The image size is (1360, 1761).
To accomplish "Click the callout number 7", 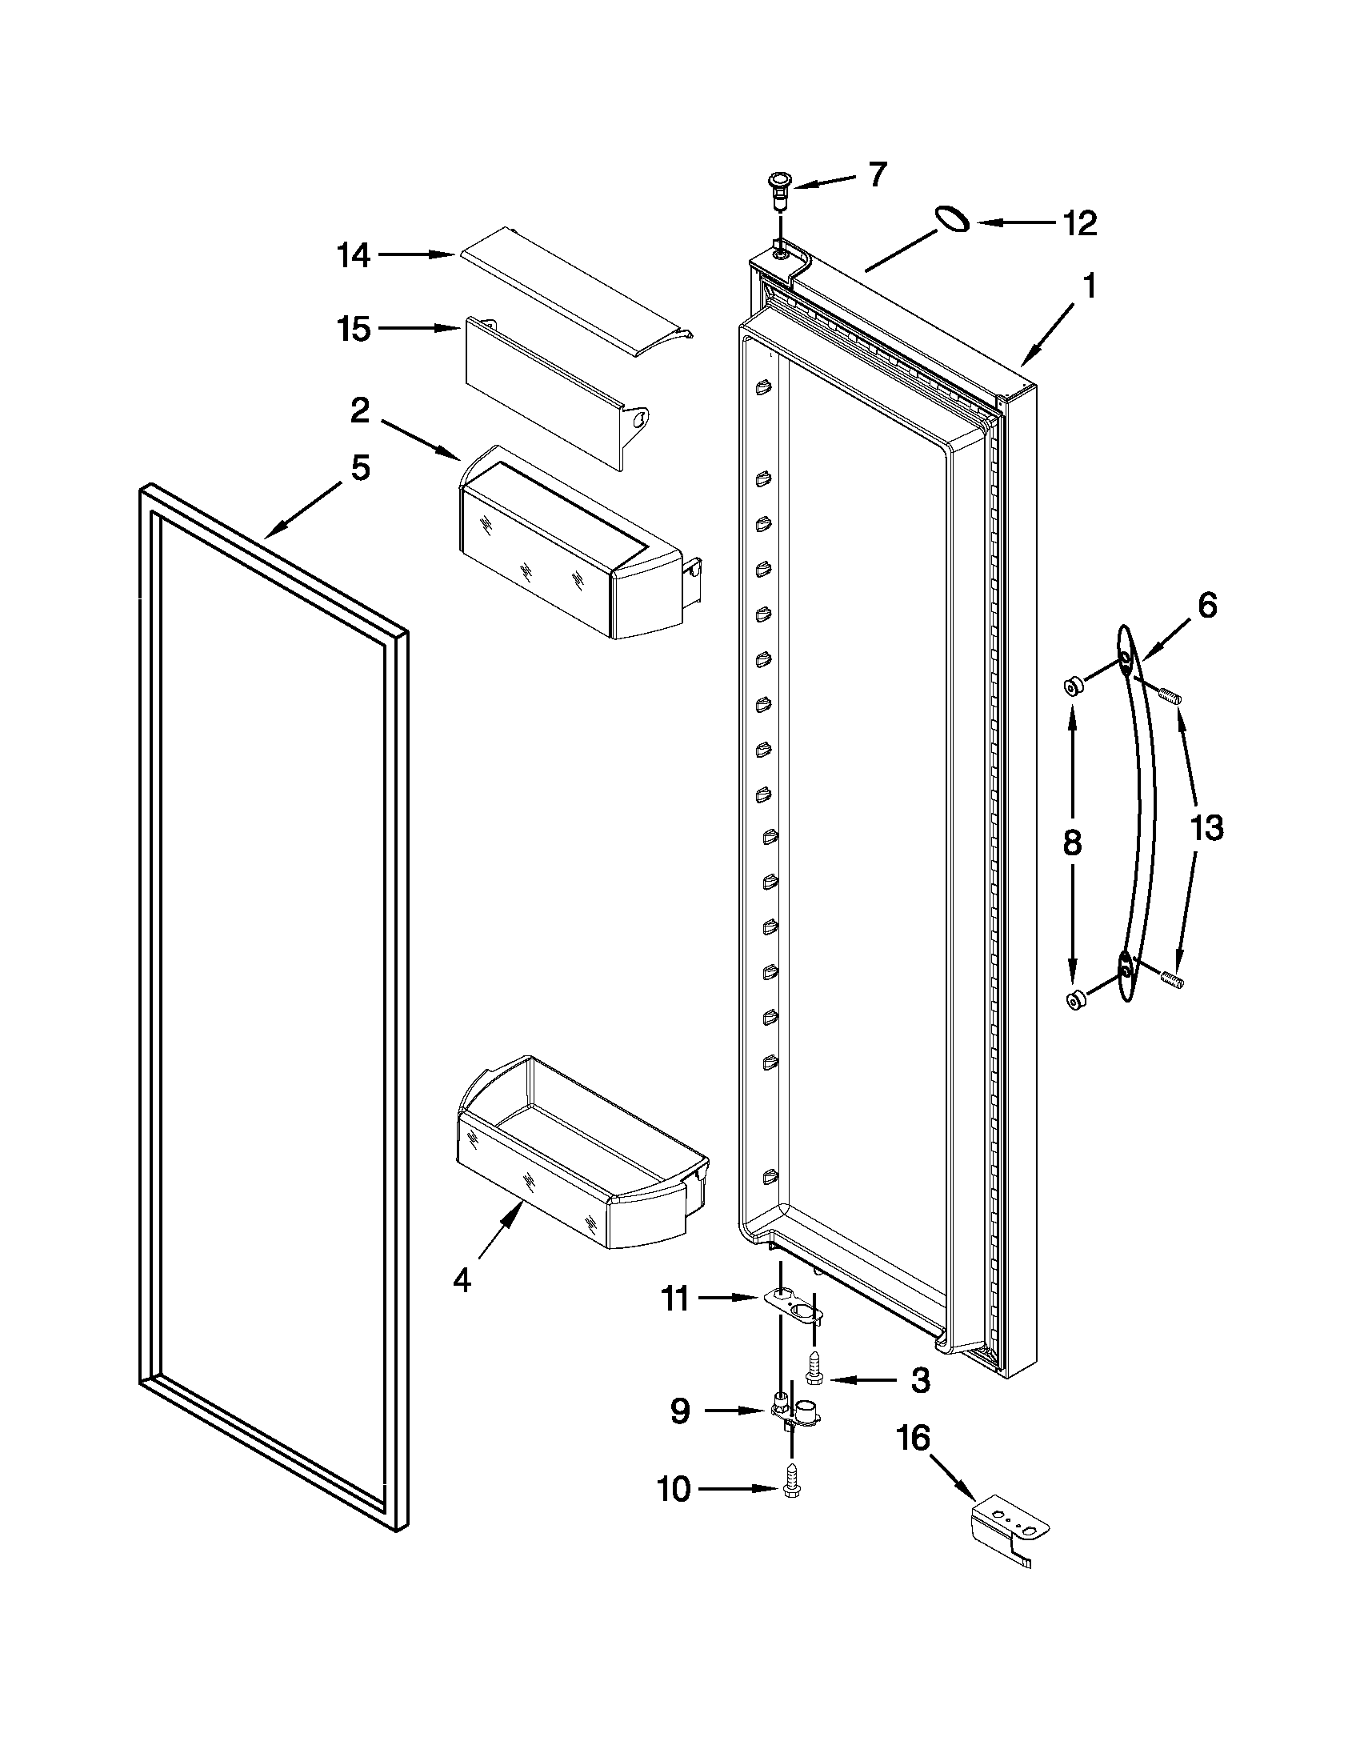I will (878, 175).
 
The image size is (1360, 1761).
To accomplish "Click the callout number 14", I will (353, 255).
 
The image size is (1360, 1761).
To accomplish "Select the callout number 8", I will (1070, 843).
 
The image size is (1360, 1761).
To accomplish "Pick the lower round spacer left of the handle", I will (1074, 1001).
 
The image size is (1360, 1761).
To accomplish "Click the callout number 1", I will (1089, 286).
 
